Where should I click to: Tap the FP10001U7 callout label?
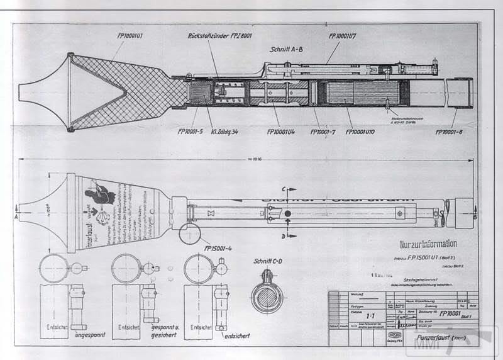pos(345,37)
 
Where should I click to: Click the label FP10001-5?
pos(195,132)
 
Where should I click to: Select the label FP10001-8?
pos(450,132)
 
